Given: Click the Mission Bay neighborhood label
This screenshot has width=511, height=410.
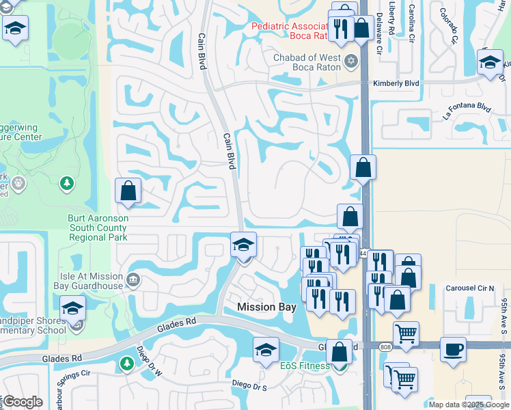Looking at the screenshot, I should pos(266,307).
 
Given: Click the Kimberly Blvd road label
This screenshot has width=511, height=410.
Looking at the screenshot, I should pos(396,83).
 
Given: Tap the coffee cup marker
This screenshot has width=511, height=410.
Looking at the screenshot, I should pos(454,350).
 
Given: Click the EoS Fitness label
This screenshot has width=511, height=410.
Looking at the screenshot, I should pos(305,366).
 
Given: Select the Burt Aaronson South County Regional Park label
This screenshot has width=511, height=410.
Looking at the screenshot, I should pos(98,228).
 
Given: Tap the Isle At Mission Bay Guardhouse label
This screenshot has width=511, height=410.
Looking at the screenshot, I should pos(90,281).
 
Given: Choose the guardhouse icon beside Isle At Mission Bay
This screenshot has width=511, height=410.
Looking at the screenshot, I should pos(133,279).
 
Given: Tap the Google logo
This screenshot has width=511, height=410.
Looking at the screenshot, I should pos(23,402).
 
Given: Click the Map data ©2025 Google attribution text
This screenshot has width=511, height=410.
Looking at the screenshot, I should pos(469,405).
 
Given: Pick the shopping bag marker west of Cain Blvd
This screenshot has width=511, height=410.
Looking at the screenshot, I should pos(128,192).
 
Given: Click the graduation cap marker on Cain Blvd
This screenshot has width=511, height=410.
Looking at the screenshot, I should pos(243,245).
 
